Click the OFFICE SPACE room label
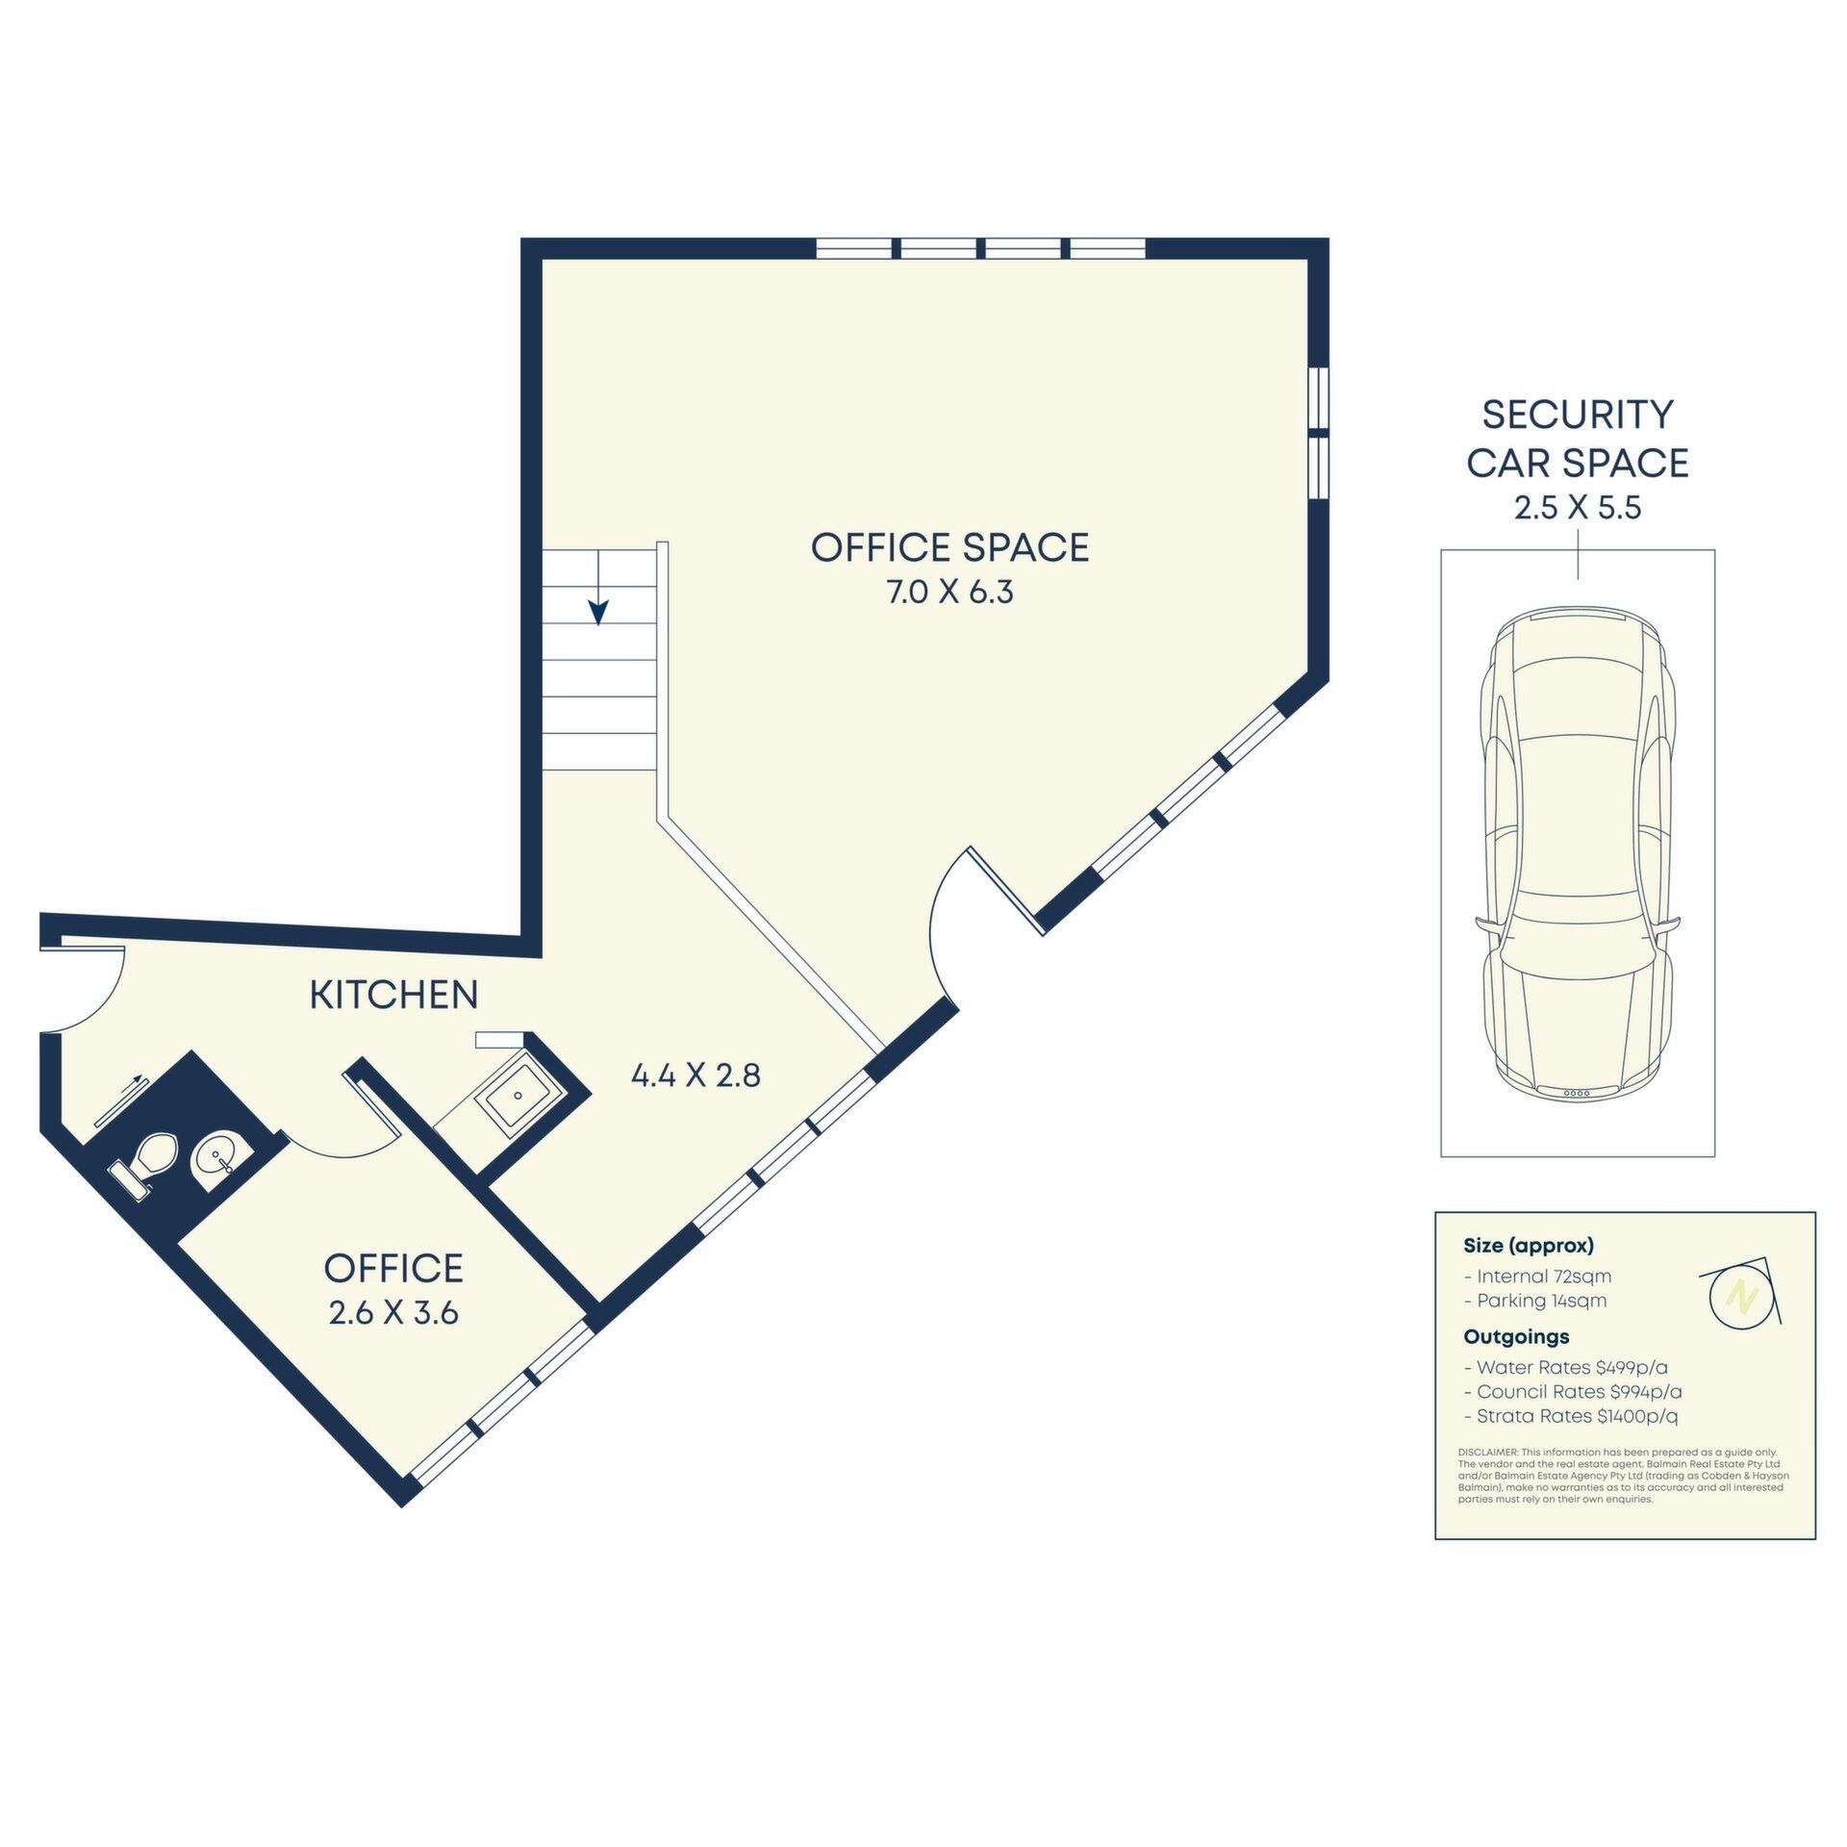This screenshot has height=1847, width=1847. [949, 547]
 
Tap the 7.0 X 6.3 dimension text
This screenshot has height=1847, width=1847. [949, 593]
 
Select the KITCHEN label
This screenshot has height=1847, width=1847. [393, 995]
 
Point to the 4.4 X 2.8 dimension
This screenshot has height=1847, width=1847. [696, 1075]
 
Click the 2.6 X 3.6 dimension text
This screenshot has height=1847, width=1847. [393, 1313]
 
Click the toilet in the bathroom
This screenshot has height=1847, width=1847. [145, 1162]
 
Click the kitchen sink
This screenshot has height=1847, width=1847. [518, 1095]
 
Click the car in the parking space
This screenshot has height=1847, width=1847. [1578, 852]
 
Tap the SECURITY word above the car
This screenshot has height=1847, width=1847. [1578, 415]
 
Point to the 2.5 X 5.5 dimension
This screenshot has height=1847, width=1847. [1578, 508]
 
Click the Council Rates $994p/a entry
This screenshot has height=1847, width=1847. [1573, 1391]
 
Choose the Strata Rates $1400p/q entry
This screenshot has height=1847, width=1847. [1571, 1416]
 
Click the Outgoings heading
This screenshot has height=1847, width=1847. [1516, 1337]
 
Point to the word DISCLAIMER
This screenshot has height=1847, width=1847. [1488, 1452]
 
